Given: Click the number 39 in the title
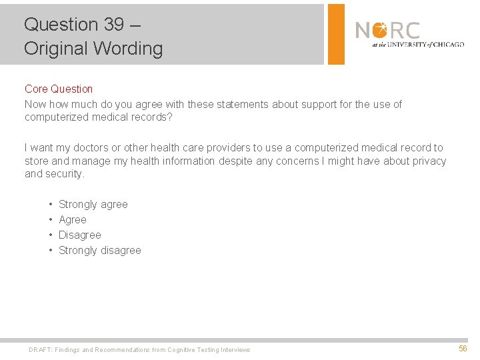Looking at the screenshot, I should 113,25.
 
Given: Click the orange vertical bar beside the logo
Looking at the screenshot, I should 337,34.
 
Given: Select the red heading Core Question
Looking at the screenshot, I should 59,89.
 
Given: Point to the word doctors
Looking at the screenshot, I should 93,148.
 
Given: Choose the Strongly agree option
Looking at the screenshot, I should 93,205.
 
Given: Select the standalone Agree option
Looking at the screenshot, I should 73,220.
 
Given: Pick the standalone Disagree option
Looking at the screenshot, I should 80,235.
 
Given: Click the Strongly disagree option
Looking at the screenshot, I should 100,251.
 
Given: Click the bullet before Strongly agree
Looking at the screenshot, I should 51,205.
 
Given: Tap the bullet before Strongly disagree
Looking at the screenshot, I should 51,251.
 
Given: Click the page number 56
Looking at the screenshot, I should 463,349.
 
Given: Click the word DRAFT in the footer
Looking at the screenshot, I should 40,350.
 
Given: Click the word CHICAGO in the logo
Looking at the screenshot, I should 447,45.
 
